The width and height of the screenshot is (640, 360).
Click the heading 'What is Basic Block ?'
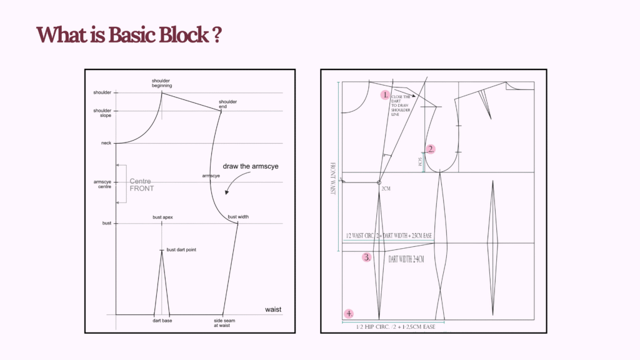coord(130,34)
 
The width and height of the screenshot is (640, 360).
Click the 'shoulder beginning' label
coord(161,83)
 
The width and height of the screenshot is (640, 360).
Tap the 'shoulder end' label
coord(227,104)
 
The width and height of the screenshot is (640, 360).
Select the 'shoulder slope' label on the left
coord(102,113)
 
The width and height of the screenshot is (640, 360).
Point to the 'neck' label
coord(106,143)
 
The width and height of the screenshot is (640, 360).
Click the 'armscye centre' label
coord(102,184)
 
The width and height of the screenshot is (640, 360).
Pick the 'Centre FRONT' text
coord(141,184)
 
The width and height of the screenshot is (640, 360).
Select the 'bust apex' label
coord(162,217)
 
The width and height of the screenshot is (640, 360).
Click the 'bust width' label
coord(238,217)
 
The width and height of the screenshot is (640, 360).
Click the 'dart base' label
coord(162,321)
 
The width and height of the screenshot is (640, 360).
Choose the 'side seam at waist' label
coord(224,322)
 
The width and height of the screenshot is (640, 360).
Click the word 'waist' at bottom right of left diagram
coord(274,309)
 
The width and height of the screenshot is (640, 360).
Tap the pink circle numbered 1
coord(385,96)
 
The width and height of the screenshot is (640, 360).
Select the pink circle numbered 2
coord(430,149)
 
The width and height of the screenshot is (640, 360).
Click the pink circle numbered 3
coord(367,257)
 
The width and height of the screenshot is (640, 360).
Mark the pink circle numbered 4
coord(349,313)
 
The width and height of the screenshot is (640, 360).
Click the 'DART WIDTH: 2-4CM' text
coord(406,259)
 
